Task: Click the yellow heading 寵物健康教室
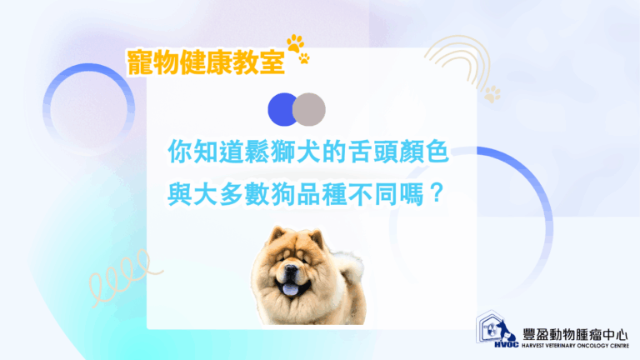coord(206,62)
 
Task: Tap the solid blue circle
coord(281,109)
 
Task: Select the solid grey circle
coord(309,109)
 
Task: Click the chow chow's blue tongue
coord(291,289)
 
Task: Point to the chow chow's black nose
coord(291,270)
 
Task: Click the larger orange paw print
coord(296,43)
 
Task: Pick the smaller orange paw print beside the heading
coord(304,58)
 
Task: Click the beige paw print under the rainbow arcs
coord(492,94)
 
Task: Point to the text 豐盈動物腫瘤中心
coord(575,335)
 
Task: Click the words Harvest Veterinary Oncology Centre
coord(575,346)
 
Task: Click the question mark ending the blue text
coord(437,193)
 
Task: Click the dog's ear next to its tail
coord(317,237)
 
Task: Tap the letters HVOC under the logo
coord(507,345)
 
